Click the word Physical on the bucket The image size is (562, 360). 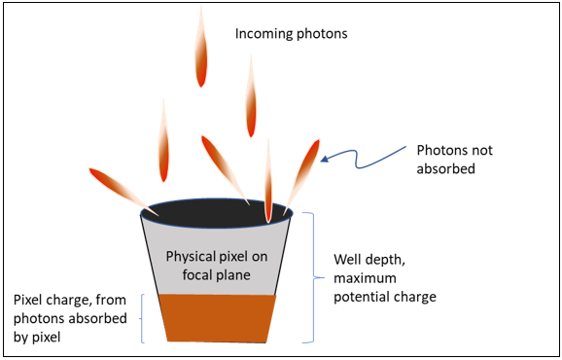pos(193,257)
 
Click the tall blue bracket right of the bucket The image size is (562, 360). pos(313,277)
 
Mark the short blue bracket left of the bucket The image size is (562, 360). pos(144,316)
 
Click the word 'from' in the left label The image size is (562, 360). pos(112,300)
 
